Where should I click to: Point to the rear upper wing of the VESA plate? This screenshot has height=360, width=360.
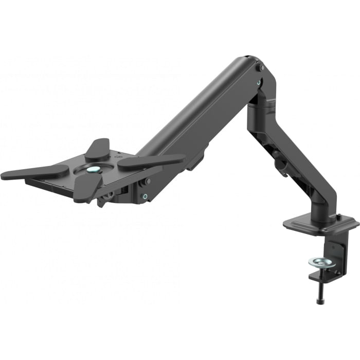tap(98, 149)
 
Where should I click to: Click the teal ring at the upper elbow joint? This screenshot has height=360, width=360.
tap(259, 81)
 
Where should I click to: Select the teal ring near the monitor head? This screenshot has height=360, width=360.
tap(146, 196)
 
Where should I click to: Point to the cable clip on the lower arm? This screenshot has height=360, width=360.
tap(281, 164)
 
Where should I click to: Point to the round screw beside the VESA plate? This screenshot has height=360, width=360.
tap(148, 181)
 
